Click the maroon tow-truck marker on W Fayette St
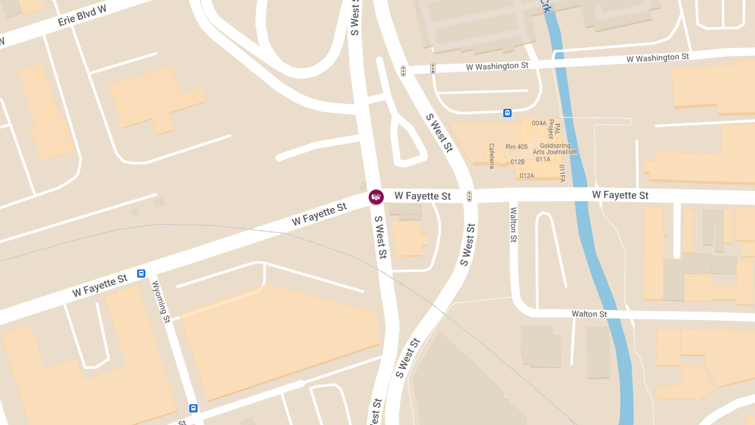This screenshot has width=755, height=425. (376, 197)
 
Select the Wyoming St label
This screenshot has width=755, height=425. (162, 302)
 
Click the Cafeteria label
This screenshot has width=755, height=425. (492, 155)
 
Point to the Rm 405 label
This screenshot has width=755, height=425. (517, 147)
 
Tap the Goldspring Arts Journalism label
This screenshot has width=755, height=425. (555, 148)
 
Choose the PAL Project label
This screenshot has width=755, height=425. (554, 129)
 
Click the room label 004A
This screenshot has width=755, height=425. (539, 123)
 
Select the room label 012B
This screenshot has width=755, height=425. (518, 162)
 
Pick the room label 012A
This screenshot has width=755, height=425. (527, 176)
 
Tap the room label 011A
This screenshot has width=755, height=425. (544, 159)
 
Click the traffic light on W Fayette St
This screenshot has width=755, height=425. (469, 196)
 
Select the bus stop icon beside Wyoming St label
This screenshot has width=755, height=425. (142, 273)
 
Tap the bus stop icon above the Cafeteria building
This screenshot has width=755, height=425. (507, 113)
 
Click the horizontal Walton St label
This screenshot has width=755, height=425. (589, 314)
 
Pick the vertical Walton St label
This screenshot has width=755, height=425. (513, 225)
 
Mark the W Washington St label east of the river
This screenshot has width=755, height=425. (657, 58)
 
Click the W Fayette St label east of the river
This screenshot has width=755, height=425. (620, 195)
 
